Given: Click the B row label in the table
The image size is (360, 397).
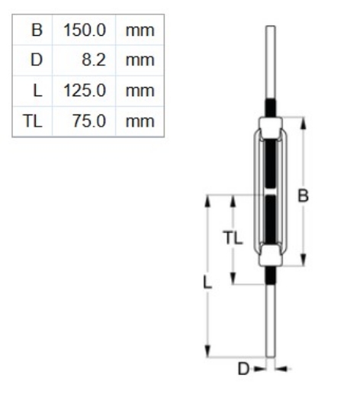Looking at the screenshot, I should click(x=36, y=31).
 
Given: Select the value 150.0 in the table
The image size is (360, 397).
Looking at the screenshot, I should click(x=88, y=31).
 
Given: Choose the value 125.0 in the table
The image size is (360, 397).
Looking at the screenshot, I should click(x=88, y=91).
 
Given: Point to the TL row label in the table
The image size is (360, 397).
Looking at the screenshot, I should click(x=33, y=121).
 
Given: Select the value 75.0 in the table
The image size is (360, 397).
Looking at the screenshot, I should click(x=92, y=121).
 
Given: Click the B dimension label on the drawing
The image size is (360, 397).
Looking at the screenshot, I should click(x=303, y=195).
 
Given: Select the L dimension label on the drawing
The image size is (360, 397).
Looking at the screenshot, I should click(x=207, y=281).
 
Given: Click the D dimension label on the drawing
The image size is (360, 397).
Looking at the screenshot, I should click(x=243, y=370).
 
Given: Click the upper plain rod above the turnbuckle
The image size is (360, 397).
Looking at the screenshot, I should click(x=271, y=61).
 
